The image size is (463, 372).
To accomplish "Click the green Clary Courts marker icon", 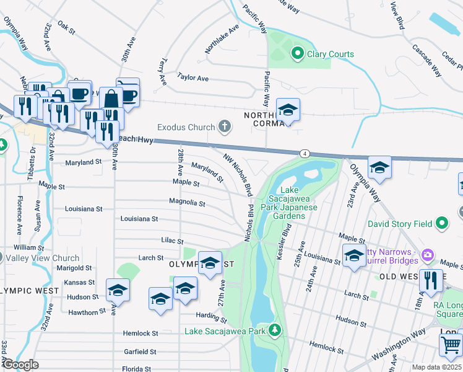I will [x=297, y=54].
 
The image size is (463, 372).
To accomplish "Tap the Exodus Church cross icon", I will [x=225, y=128].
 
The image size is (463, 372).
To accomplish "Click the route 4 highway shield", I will [x=304, y=153].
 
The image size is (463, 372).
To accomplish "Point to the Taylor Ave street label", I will [x=193, y=77].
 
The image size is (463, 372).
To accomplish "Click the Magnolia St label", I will [x=187, y=203].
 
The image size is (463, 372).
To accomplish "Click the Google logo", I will [x=21, y=364].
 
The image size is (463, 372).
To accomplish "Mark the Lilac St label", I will [x=171, y=241].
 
